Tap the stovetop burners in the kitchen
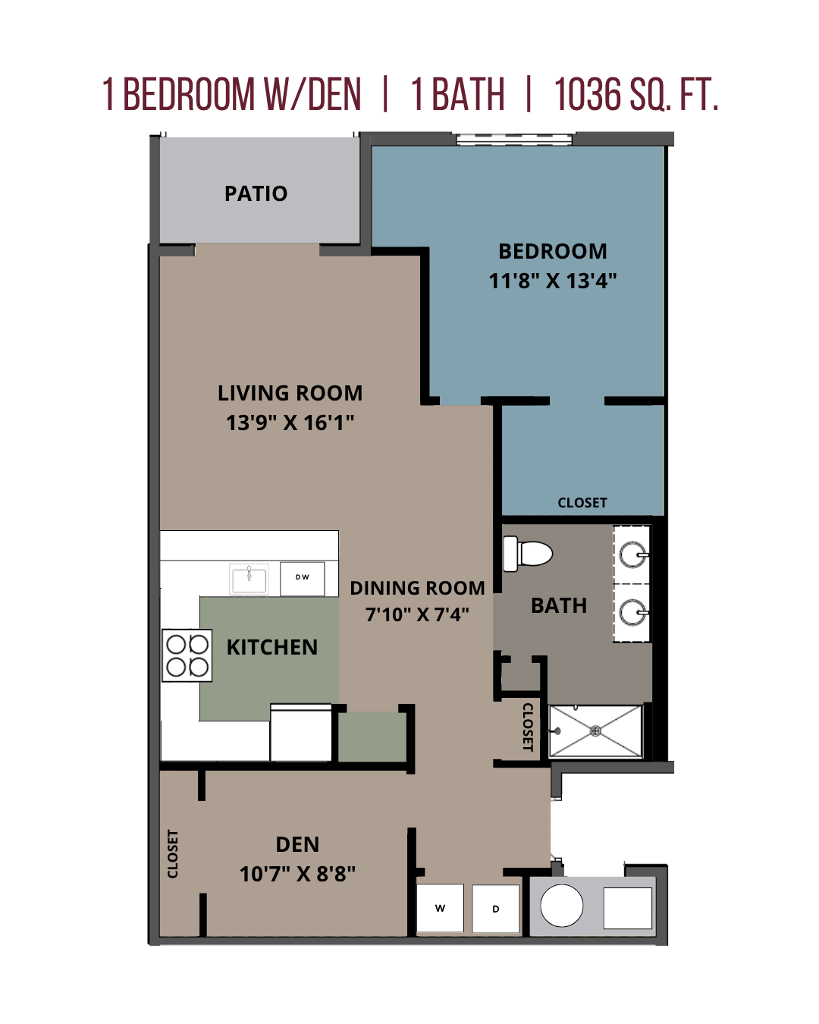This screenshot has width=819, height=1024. (x=187, y=655)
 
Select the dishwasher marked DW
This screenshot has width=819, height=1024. (x=302, y=577)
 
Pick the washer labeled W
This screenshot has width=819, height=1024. (x=440, y=908)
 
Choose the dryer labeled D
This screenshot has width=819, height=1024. (x=496, y=909)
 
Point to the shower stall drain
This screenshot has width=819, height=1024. (x=595, y=731)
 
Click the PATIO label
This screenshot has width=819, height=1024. (x=256, y=194)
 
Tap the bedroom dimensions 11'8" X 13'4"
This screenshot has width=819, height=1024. (x=553, y=281)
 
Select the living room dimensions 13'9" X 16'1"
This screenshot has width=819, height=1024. (x=290, y=422)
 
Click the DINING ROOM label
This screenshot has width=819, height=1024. (x=417, y=588)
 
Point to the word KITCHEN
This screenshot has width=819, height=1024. (x=272, y=647)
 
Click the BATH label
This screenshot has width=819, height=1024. (x=559, y=605)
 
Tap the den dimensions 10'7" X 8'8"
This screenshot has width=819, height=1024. (x=297, y=874)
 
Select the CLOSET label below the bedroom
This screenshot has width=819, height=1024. (x=582, y=503)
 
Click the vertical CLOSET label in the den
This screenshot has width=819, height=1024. (x=173, y=854)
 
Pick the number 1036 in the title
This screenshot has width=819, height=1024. (x=588, y=95)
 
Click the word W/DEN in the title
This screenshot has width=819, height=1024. (x=312, y=95)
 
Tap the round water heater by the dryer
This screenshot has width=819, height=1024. (x=562, y=906)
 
